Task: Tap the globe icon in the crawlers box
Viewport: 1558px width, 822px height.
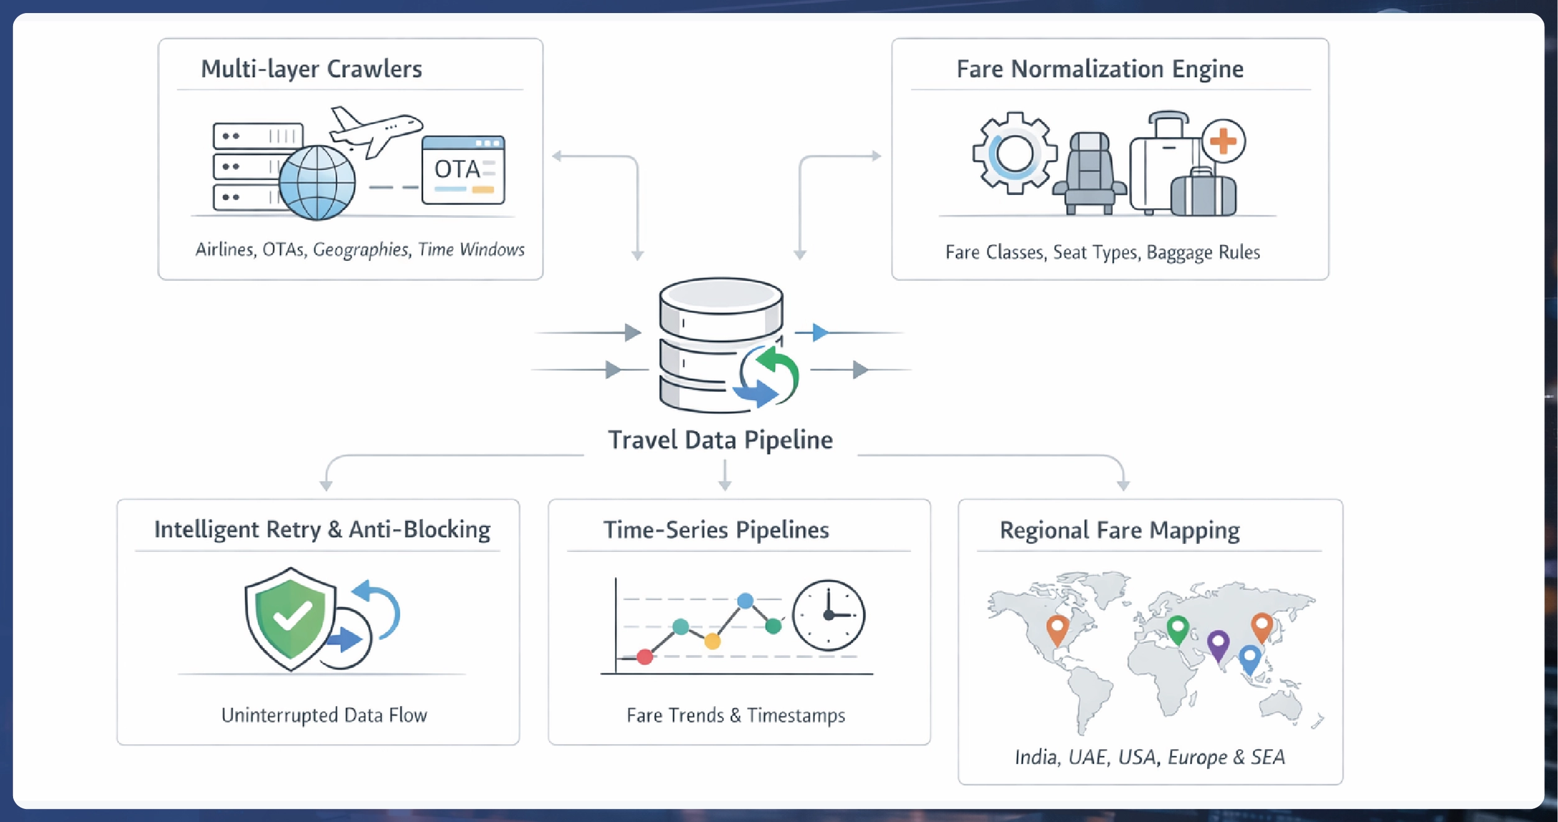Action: coord(317,182)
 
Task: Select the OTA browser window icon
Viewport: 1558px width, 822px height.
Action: coord(463,170)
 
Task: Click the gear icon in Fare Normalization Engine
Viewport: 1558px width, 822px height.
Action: coord(1014,153)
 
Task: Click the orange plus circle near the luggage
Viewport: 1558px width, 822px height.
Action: coord(1223,141)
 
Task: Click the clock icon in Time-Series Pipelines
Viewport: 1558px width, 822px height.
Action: coord(828,615)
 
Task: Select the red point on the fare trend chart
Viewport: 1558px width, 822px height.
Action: coord(645,656)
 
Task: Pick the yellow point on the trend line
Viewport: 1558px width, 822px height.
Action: coord(712,641)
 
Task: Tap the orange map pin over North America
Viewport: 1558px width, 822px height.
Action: coord(1057,628)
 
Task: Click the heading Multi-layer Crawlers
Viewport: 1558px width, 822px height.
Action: coord(312,68)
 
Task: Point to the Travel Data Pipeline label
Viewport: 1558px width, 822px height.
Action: coord(720,440)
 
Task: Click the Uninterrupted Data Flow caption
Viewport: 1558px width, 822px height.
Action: coord(324,715)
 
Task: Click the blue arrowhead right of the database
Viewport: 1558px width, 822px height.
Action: coord(820,332)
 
